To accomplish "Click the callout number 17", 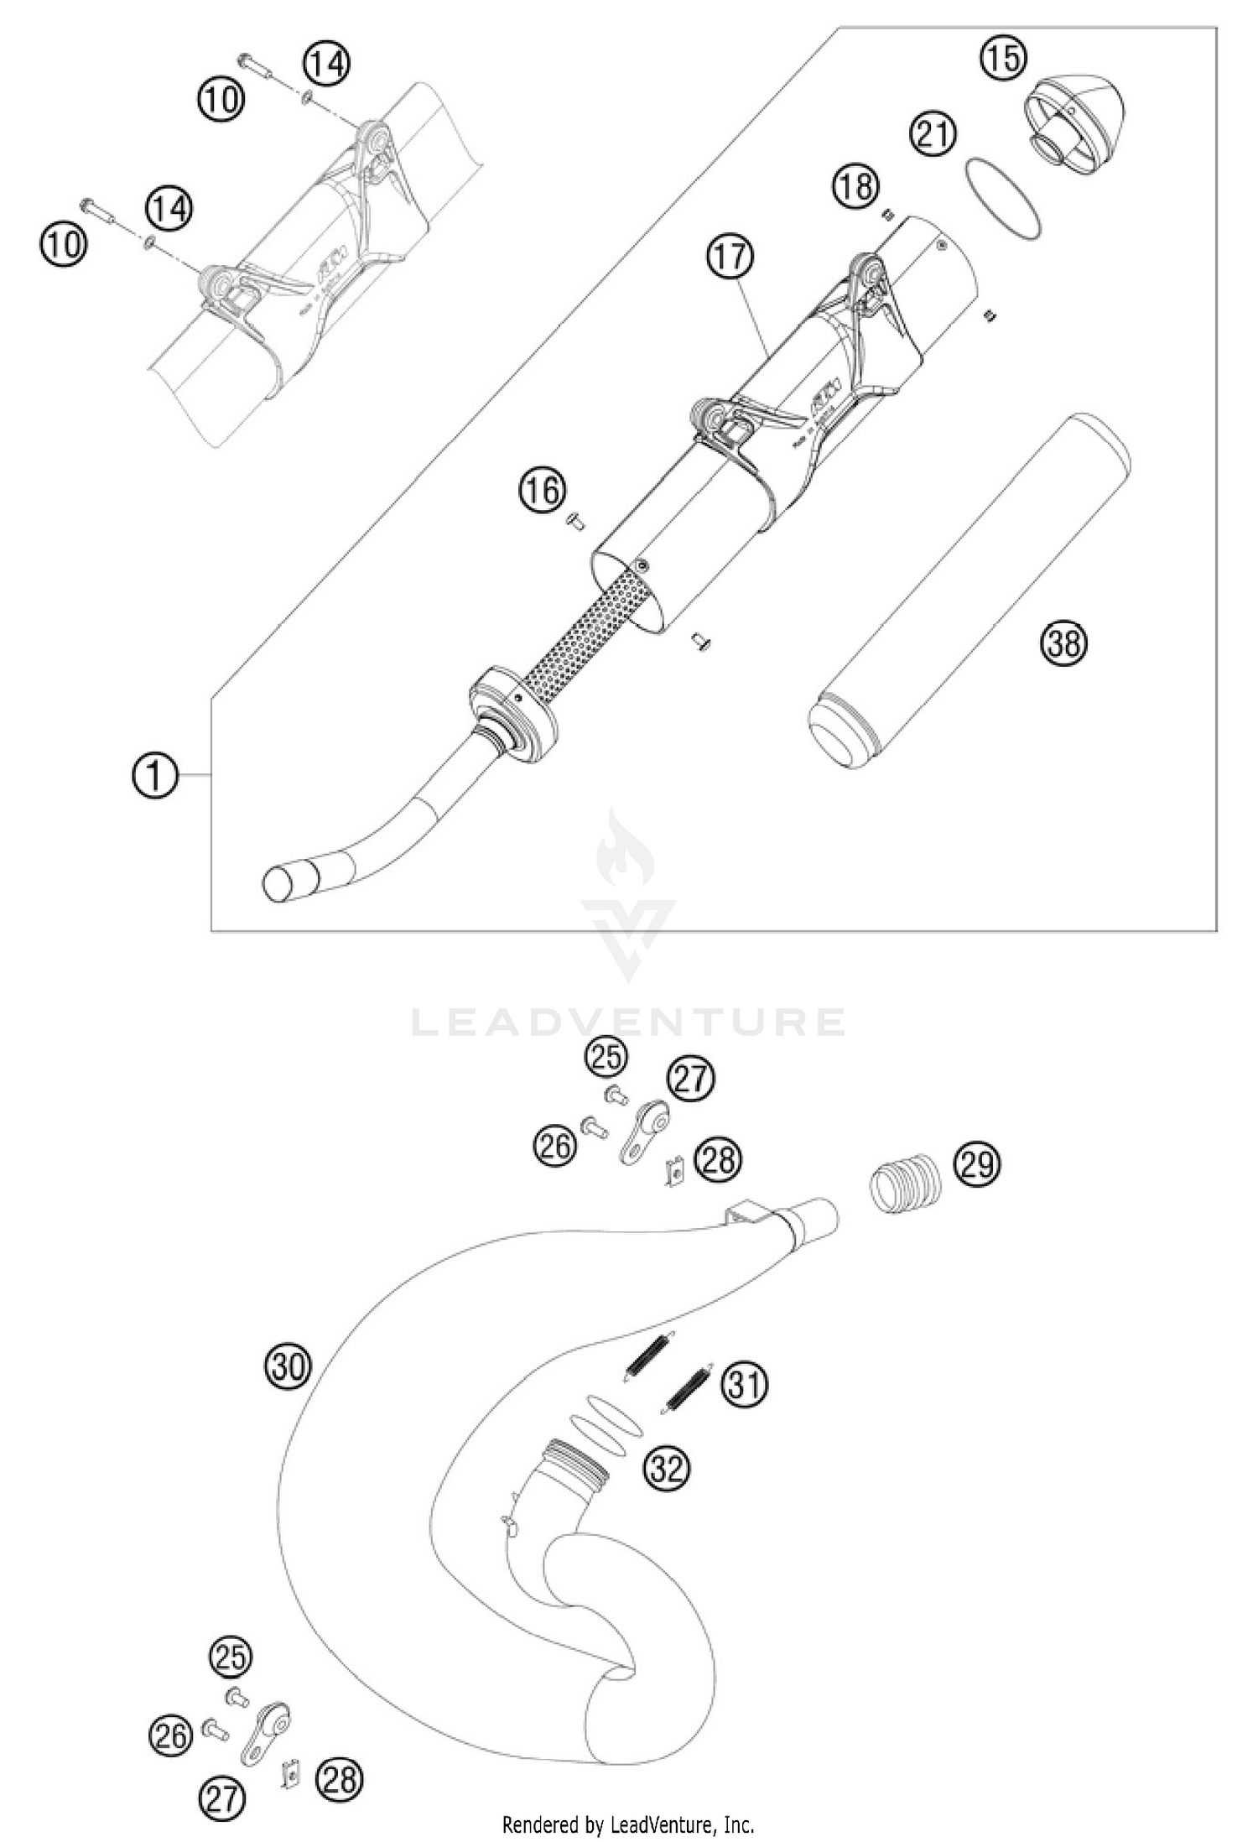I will click(x=730, y=256).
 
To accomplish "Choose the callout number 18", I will click(x=855, y=186).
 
